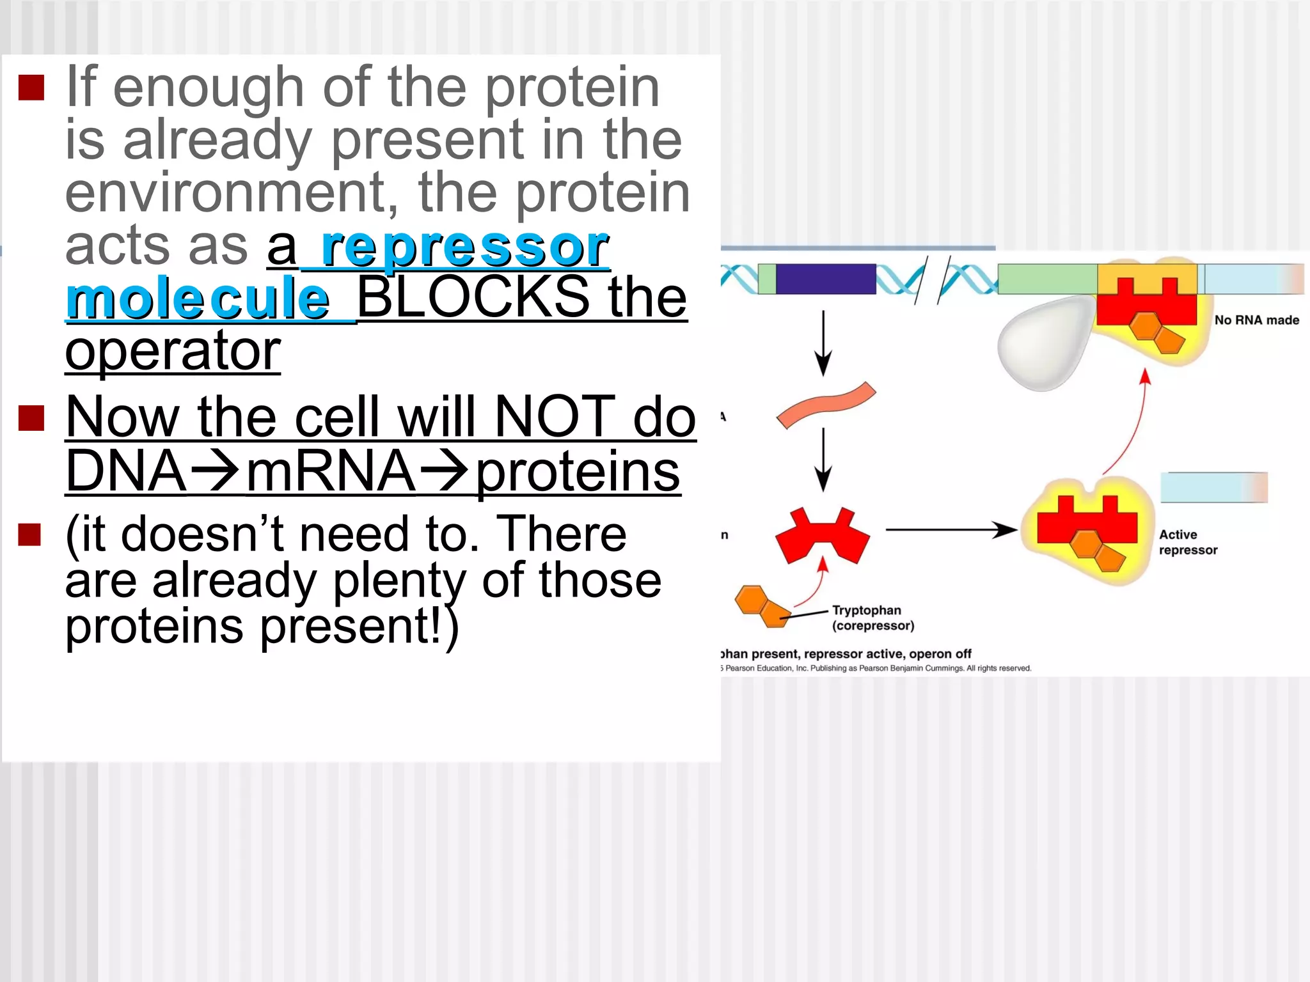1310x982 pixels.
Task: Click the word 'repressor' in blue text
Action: (465, 248)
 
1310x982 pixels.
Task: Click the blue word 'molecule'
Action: (198, 299)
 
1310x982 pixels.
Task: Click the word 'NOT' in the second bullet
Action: (555, 417)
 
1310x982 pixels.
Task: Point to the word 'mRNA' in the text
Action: (331, 472)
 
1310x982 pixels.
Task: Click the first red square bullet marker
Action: (31, 88)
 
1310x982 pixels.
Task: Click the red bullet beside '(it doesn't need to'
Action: (30, 534)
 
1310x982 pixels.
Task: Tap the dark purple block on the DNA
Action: (825, 279)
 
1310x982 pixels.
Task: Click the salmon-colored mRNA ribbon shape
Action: (826, 405)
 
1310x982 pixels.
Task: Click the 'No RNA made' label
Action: (1256, 320)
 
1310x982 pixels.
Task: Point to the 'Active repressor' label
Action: (1187, 542)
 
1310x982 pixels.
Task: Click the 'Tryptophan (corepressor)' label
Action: (872, 618)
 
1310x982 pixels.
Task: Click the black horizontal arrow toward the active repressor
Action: (951, 529)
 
